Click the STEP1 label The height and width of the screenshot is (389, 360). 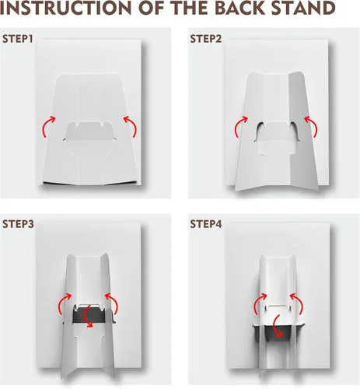[x=18, y=39]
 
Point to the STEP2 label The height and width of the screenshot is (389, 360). [x=206, y=39]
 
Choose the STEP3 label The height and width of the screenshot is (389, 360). [x=18, y=224]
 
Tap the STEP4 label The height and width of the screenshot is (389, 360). [x=206, y=224]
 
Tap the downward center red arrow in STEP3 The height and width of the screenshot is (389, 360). [x=86, y=317]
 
